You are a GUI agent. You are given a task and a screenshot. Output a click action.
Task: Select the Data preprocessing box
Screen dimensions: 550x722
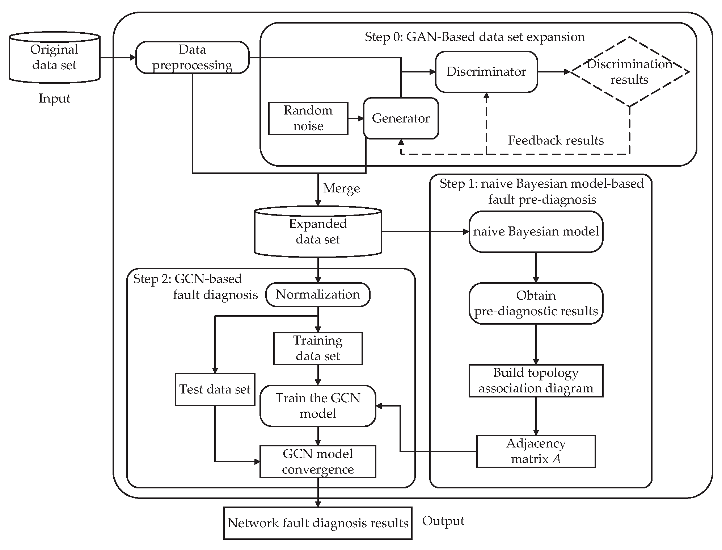[192, 57]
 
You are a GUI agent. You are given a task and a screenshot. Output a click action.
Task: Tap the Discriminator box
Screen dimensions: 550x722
[486, 72]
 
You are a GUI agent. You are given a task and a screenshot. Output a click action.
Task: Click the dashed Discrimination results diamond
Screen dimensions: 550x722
[629, 72]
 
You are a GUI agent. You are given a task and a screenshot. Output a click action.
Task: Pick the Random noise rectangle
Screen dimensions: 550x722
[308, 118]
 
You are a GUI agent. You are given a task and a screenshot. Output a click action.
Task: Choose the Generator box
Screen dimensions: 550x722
[401, 118]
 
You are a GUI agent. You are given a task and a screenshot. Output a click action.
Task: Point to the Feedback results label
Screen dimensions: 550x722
[556, 140]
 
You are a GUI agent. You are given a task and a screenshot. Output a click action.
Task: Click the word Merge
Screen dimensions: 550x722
[341, 188]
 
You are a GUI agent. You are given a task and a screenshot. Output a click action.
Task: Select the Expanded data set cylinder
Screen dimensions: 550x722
[318, 232]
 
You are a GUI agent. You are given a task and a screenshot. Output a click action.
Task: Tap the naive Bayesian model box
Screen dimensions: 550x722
[536, 232]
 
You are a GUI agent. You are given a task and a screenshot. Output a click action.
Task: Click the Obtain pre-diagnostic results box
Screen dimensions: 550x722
[536, 303]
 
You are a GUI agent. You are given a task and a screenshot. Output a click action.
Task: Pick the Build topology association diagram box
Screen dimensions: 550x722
[536, 380]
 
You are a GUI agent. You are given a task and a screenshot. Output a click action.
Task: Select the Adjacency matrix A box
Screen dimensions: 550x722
[536, 451]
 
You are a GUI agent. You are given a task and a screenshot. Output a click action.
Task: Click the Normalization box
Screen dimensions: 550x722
[318, 295]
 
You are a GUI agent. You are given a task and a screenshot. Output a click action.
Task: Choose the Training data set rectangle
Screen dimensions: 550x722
[318, 348]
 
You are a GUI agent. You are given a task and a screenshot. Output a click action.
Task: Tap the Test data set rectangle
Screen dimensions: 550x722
[215, 389]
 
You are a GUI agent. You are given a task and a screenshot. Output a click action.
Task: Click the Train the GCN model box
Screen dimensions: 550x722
[318, 406]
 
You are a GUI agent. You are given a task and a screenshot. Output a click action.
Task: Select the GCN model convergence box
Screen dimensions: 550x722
[318, 462]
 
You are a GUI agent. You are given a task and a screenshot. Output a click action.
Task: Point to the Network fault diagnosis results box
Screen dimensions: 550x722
[318, 523]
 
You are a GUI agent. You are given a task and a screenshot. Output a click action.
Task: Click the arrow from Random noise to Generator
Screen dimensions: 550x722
[355, 118]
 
